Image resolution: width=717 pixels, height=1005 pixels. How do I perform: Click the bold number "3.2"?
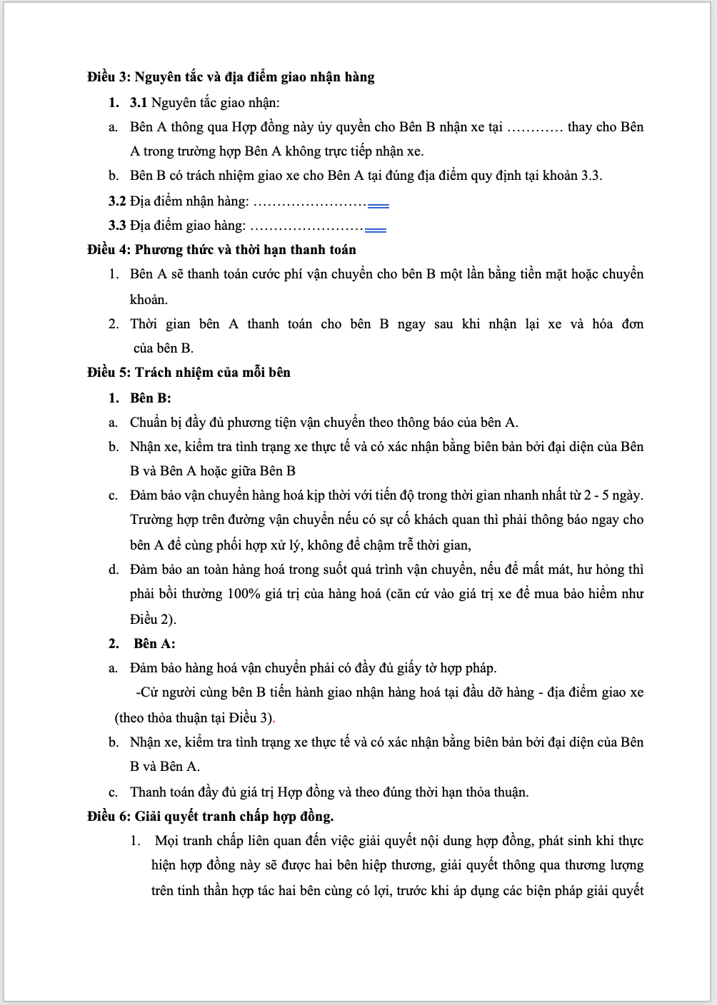point(118,202)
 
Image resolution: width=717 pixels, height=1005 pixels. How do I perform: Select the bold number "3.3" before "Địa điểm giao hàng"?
point(118,226)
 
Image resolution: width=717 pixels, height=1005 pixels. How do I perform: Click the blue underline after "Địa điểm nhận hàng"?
point(378,206)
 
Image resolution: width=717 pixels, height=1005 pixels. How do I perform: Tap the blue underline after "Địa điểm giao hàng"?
point(375,230)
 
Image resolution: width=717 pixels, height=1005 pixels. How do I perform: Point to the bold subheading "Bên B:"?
point(151,398)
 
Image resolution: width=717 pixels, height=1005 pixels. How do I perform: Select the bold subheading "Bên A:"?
point(154,644)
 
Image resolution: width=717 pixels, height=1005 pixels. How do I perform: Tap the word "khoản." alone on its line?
point(149,300)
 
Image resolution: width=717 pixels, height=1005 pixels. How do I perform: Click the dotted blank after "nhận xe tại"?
point(535,128)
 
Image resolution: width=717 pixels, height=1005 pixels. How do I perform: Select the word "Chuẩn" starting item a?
point(149,423)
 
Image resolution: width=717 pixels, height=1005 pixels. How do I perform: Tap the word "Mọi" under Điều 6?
point(166,841)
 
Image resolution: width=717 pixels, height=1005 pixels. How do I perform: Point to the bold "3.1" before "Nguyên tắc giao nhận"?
point(139,103)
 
